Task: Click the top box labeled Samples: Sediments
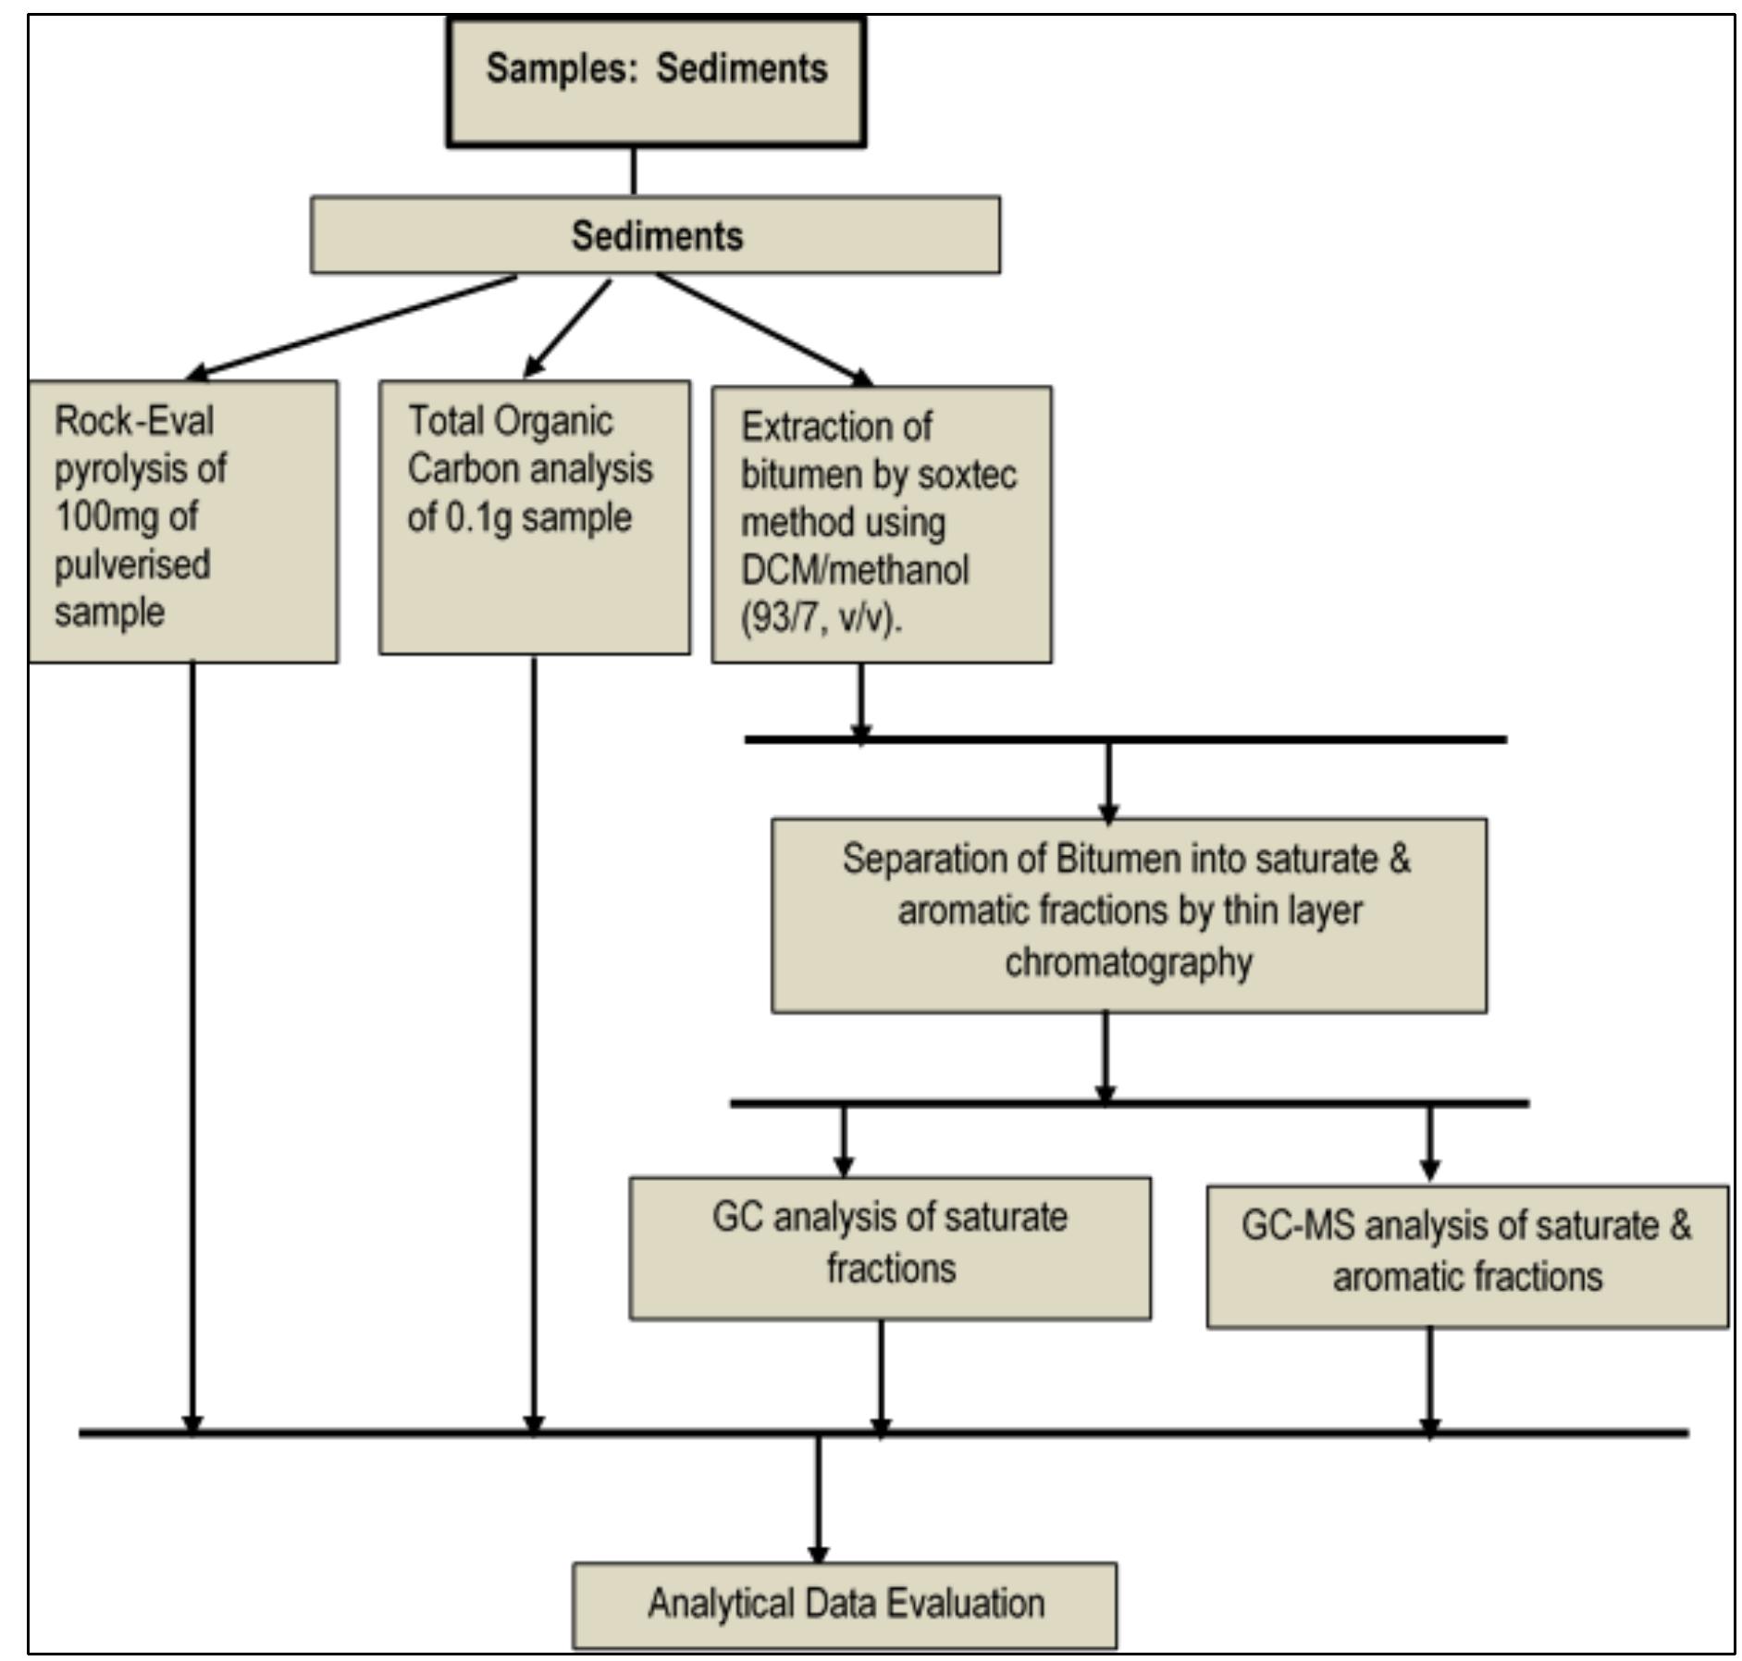pos(656,81)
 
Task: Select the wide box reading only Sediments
pos(655,235)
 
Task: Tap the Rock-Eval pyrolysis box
pos(183,521)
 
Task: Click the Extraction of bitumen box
pos(881,524)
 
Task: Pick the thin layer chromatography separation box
pos(1129,914)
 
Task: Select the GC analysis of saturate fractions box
pos(890,1247)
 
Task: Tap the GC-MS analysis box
pos(1466,1256)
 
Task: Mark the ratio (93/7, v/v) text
pos(821,618)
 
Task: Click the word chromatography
pos(1129,962)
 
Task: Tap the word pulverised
pos(132,564)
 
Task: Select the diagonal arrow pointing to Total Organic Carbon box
pos(568,328)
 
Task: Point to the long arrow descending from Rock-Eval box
pos(191,1046)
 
